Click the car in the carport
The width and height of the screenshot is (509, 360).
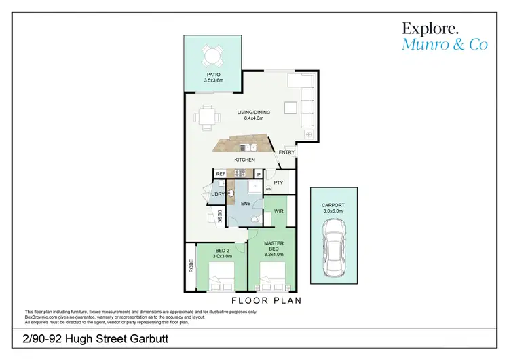pos(334,252)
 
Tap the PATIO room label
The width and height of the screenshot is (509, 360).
pos(214,75)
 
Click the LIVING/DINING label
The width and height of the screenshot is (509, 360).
pos(254,112)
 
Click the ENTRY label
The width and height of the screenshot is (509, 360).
pos(287,153)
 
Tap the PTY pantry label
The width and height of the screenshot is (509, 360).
pos(278,183)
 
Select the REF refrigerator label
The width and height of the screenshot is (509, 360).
pos(221,174)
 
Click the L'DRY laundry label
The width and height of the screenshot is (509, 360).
pos(217,195)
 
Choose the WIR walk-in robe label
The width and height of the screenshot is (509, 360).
pos(279,212)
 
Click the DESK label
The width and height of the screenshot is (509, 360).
pos(221,217)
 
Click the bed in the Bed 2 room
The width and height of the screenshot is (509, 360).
pos(221,278)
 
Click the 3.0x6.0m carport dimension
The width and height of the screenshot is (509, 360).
pos(333,211)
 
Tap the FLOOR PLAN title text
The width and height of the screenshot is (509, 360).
pos(266,300)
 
